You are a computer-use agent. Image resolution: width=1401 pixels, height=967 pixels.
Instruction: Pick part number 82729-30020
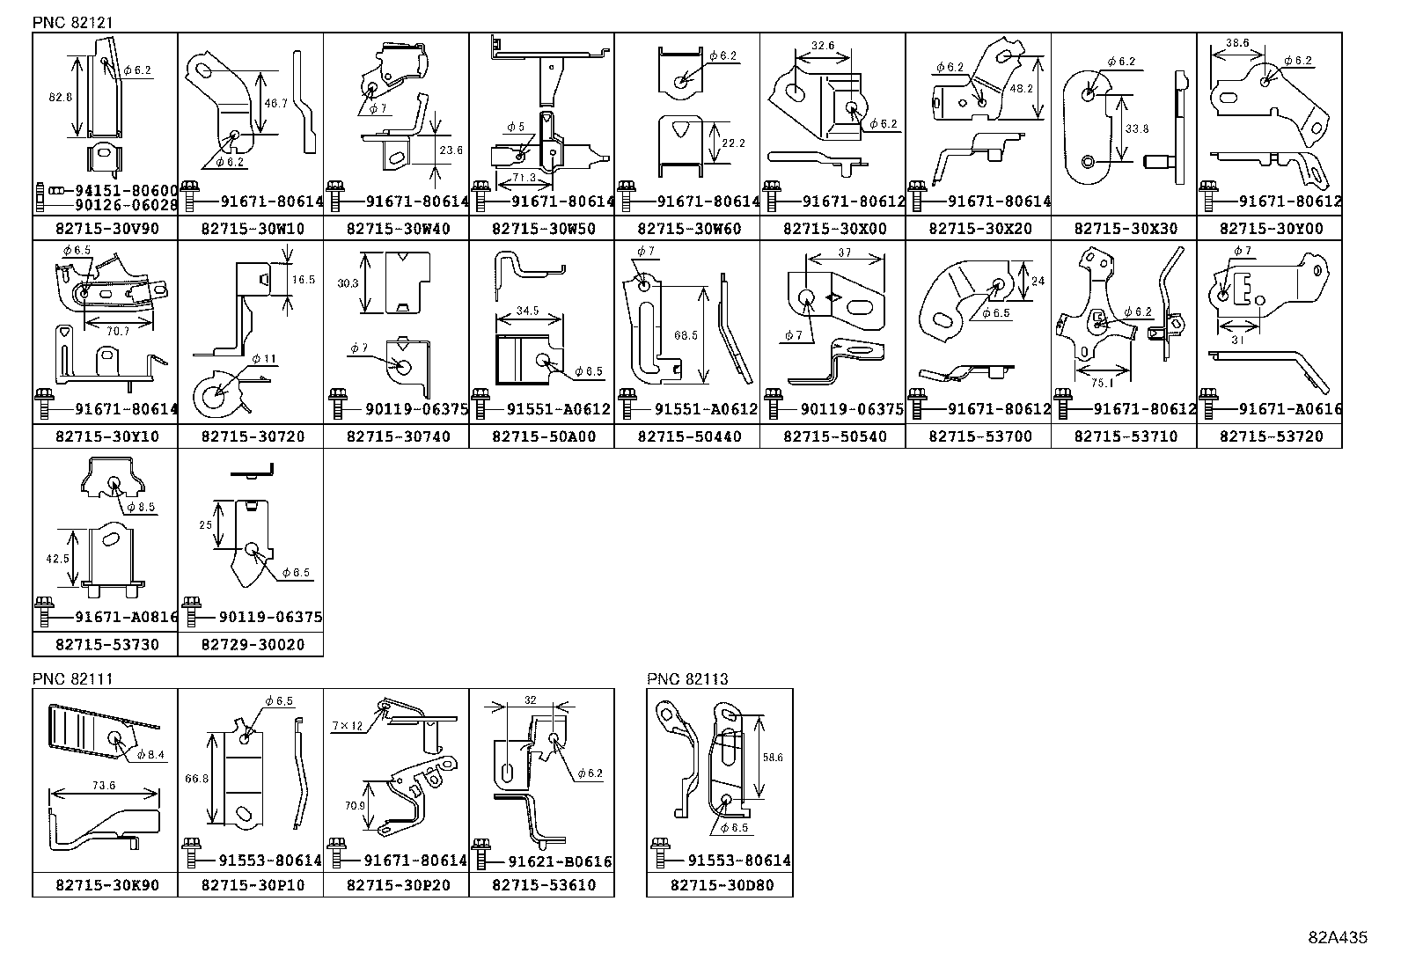tap(251, 644)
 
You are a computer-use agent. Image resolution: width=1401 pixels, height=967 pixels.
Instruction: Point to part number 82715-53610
tap(541, 884)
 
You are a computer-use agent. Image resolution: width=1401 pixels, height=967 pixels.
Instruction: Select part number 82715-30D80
tap(720, 884)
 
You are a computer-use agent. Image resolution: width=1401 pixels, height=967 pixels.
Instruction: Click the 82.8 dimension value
tap(60, 98)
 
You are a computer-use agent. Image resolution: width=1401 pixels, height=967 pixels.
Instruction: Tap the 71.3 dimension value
tap(520, 177)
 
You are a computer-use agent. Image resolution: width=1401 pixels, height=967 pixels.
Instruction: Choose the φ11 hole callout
tap(263, 358)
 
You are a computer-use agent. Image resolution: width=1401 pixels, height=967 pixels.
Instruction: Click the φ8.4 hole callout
tap(150, 754)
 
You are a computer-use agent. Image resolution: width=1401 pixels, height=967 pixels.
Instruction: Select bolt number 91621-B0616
tap(553, 861)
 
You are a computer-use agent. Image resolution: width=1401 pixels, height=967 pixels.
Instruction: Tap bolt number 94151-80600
tap(118, 190)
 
